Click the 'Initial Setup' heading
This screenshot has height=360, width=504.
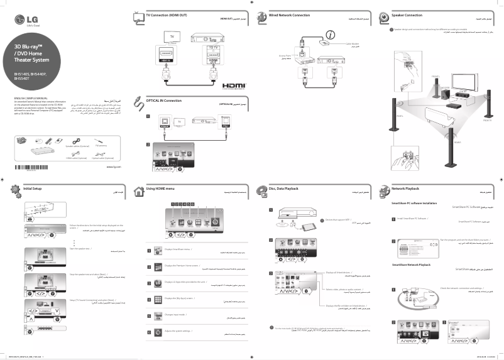coord(32,188)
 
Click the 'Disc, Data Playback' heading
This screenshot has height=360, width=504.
coord(283,188)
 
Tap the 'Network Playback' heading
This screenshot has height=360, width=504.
coord(405,188)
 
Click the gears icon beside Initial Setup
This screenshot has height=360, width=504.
coord(15,189)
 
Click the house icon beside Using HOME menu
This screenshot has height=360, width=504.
coord(138,190)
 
